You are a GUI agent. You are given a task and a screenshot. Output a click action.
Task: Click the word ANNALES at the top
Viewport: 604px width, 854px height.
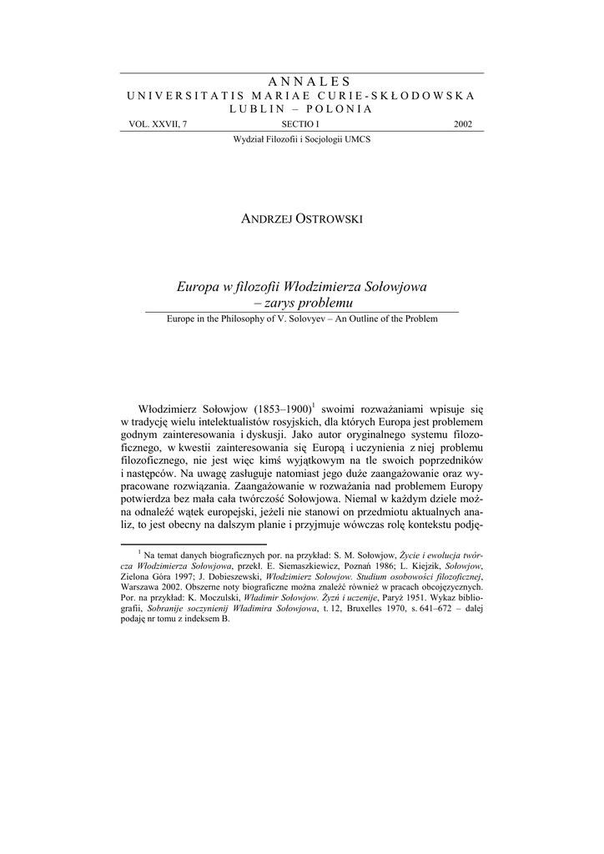pos(301,81)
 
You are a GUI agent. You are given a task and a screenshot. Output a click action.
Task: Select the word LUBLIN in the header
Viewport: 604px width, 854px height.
pos(254,109)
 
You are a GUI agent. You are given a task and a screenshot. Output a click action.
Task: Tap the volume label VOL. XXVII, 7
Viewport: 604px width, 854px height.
pos(159,124)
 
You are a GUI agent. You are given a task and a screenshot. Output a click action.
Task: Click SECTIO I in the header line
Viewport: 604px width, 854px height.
pos(301,124)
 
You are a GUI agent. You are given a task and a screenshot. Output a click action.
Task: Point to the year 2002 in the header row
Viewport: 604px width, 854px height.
pos(462,124)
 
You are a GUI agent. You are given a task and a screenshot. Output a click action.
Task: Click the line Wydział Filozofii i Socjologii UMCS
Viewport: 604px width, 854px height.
pos(301,139)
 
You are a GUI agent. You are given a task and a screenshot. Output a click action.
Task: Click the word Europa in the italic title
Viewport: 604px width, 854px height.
pos(196,287)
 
